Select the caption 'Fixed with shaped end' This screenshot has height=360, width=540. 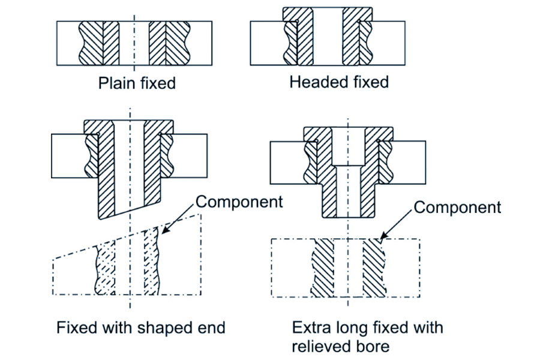click(141, 328)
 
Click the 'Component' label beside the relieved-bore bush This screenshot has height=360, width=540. click(457, 208)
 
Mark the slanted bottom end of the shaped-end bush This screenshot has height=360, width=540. click(128, 213)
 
